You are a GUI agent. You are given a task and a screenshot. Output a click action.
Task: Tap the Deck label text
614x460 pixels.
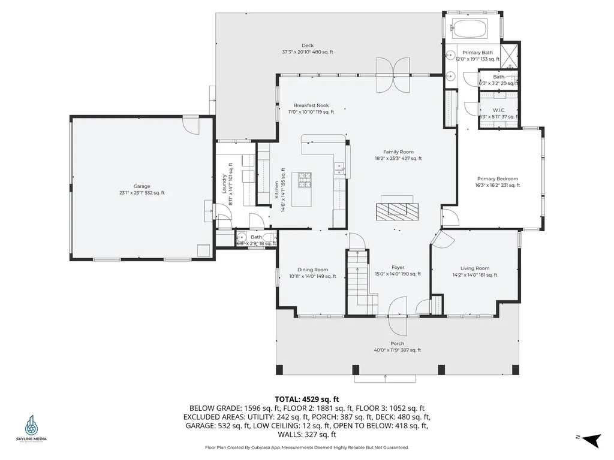pyautogui.click(x=308, y=46)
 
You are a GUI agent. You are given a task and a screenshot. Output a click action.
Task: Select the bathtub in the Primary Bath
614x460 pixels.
pyautogui.click(x=471, y=28)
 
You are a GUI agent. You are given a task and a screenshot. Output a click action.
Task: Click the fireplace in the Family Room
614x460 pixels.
pyautogui.click(x=395, y=209)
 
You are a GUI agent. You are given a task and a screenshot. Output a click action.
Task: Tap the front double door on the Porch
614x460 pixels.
pyautogui.click(x=398, y=317)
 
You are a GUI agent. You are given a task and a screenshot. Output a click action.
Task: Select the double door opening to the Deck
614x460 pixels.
pyautogui.click(x=393, y=74)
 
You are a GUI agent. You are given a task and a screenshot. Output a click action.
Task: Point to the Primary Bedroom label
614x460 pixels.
pyautogui.click(x=498, y=178)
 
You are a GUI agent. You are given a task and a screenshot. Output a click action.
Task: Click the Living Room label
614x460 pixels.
pyautogui.click(x=475, y=268)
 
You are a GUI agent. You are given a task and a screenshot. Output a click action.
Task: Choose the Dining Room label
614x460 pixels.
pyautogui.click(x=312, y=270)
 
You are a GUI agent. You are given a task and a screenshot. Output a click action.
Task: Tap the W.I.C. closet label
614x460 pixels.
pyautogui.click(x=499, y=110)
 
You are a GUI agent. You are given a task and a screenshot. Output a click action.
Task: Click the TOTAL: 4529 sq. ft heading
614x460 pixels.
pyautogui.click(x=307, y=398)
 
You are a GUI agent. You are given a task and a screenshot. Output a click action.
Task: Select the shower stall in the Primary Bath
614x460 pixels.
pyautogui.click(x=510, y=56)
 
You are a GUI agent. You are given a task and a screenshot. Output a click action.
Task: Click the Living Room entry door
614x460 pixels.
pyautogui.click(x=443, y=239)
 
